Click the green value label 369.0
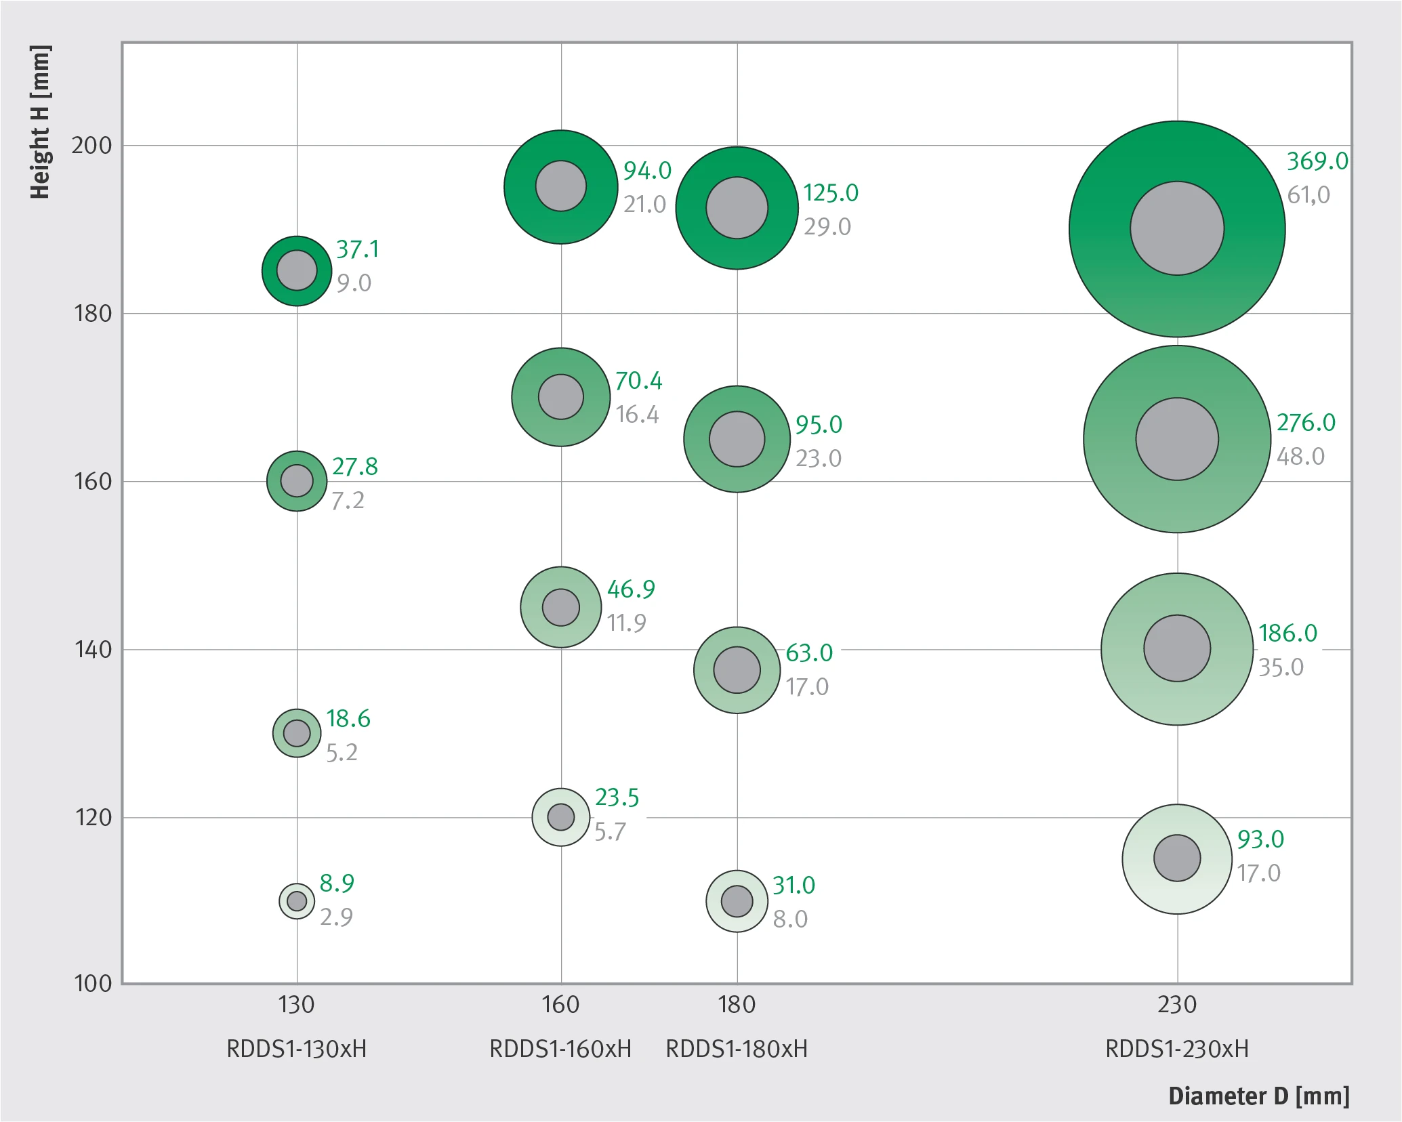(1317, 161)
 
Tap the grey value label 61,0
(1308, 195)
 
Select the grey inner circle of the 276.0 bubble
(1177, 439)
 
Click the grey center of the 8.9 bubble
(297, 901)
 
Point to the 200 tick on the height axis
(91, 145)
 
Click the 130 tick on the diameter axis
(296, 1004)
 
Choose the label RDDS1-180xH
(737, 1049)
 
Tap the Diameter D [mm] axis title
(1259, 1096)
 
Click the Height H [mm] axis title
(40, 123)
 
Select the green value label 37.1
(358, 249)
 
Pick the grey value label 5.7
(610, 831)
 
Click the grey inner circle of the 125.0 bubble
(737, 208)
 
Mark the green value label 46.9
(631, 589)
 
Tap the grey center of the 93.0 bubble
(1177, 858)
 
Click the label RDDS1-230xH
(1177, 1049)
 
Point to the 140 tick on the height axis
(92, 650)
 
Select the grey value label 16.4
(637, 414)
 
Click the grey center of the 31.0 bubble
(737, 901)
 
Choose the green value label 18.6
(348, 719)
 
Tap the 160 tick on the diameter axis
(560, 1004)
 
